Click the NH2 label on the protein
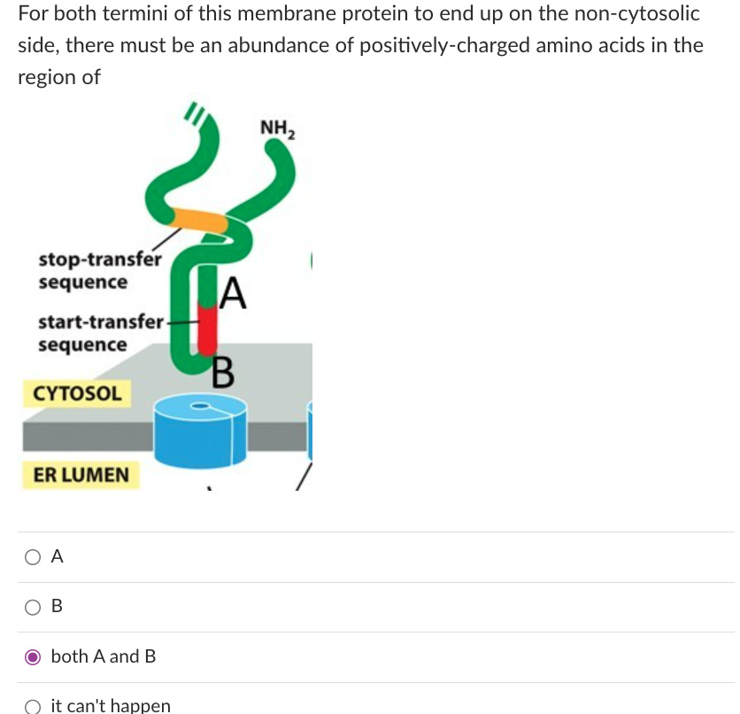pyautogui.click(x=279, y=130)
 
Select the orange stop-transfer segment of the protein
pyautogui.click(x=199, y=219)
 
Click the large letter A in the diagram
pyautogui.click(x=233, y=292)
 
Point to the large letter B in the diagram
pyautogui.click(x=223, y=372)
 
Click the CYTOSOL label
pyautogui.click(x=77, y=392)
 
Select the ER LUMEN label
pyautogui.click(x=81, y=475)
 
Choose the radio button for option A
pyautogui.click(x=32, y=557)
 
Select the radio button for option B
pyautogui.click(x=32, y=607)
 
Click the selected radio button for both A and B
pyautogui.click(x=32, y=656)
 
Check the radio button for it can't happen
pyautogui.click(x=32, y=706)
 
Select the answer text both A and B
pyautogui.click(x=104, y=656)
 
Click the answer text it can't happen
pyautogui.click(x=111, y=706)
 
